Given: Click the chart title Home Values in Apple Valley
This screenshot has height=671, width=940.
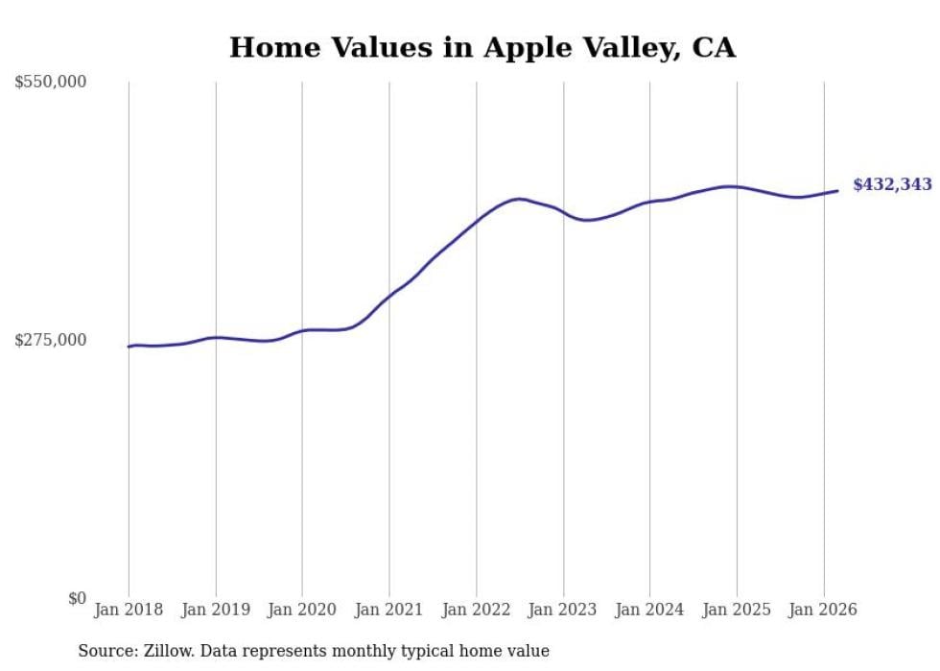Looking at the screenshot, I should click(x=482, y=47).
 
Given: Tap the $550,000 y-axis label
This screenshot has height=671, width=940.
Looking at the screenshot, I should click(x=51, y=83).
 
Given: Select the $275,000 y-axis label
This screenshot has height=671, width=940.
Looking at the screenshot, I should click(x=51, y=340).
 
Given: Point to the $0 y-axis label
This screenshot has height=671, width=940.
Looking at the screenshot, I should click(x=77, y=598).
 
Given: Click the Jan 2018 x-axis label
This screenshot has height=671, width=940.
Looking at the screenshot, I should click(x=129, y=610).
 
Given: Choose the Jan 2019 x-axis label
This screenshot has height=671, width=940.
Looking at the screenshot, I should click(x=216, y=610).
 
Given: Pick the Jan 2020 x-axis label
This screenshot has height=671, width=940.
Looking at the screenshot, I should click(x=302, y=610).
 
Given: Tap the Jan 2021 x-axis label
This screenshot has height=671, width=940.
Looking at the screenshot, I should click(x=389, y=610).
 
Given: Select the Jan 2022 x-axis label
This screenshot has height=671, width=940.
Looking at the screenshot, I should click(x=476, y=610).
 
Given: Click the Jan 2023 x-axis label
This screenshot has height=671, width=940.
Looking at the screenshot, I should click(x=563, y=610).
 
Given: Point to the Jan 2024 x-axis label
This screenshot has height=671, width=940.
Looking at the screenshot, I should click(x=649, y=610).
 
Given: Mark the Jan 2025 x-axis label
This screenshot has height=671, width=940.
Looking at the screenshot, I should click(x=737, y=610).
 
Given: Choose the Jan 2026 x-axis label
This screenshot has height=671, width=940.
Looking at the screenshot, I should click(x=823, y=610).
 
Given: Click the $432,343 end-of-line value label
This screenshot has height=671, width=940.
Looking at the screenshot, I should click(x=891, y=185).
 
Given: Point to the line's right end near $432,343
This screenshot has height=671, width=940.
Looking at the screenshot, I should click(x=837, y=191).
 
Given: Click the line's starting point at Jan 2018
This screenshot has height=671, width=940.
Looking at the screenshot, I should click(x=129, y=347).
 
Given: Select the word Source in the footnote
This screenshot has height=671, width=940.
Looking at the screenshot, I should click(x=105, y=652).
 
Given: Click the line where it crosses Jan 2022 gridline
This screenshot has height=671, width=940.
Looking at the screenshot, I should click(x=476, y=222).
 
